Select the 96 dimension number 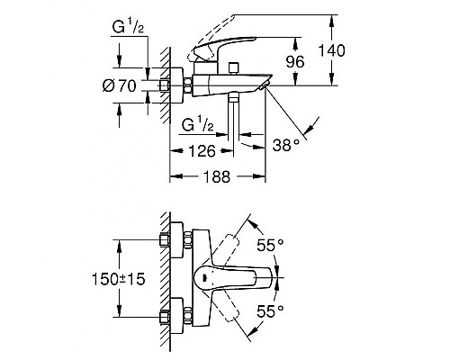pyautogui.click(x=295, y=62)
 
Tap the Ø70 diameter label pyautogui.click(x=119, y=86)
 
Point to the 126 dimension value pyautogui.click(x=202, y=151)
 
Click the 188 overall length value pyautogui.click(x=217, y=176)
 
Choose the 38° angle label pyautogui.click(x=286, y=145)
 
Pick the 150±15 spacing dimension pyautogui.click(x=118, y=279)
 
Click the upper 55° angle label pyautogui.click(x=270, y=245)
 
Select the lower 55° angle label pyautogui.click(x=270, y=311)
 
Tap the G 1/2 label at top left pyautogui.click(x=128, y=27)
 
